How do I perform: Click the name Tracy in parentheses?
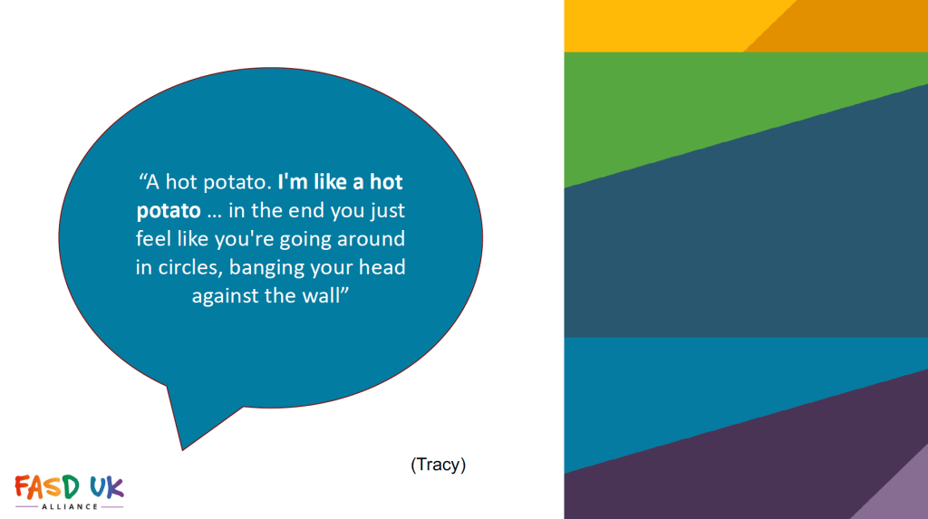click(438, 465)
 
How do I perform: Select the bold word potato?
click(169, 211)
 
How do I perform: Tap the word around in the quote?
click(371, 239)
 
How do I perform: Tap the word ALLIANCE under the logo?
click(70, 506)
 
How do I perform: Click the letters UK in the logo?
click(107, 487)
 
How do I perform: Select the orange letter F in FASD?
click(23, 486)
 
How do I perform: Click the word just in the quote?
click(388, 211)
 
